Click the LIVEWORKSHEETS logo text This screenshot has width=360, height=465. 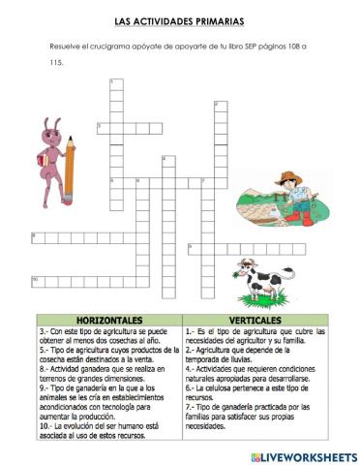point(308,454)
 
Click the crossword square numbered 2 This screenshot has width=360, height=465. point(219,105)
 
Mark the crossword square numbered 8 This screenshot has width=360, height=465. point(36,235)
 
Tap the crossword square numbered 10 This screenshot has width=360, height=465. point(36,282)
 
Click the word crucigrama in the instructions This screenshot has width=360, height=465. point(104,46)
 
